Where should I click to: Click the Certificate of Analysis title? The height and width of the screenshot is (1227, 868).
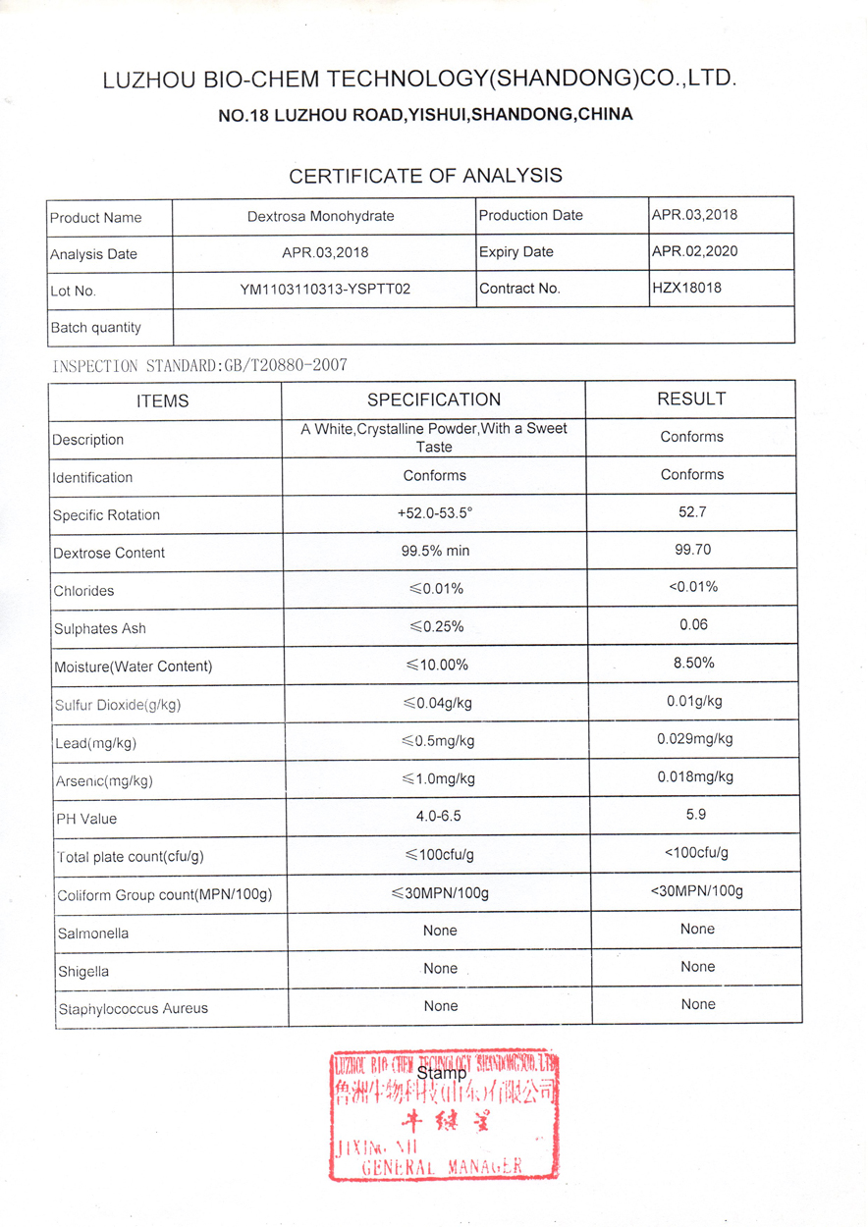425,176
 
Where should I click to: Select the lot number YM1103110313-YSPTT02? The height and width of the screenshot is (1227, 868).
325,290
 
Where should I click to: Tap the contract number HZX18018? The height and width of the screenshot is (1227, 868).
687,289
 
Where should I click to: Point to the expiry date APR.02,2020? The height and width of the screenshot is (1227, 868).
694,251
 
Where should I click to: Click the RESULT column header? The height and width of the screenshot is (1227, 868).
691,399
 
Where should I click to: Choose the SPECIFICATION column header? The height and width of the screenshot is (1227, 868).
433,400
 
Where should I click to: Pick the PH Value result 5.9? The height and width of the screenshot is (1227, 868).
696,814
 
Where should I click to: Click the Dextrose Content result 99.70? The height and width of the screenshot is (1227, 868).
693,550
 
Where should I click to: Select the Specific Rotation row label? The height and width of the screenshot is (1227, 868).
106,515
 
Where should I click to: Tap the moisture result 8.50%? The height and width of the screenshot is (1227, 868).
693,663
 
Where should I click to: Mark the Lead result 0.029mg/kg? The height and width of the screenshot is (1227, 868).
694,738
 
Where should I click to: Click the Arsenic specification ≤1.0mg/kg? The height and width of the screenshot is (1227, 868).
439,778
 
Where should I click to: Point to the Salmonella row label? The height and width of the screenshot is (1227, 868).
92,934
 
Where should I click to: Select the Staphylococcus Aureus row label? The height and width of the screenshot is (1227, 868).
133,1008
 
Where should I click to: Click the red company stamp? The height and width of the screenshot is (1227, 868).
444,1114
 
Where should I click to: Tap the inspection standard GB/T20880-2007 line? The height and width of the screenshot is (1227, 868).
198,366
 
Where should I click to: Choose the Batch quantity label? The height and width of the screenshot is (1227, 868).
95,328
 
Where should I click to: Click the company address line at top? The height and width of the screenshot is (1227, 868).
424,115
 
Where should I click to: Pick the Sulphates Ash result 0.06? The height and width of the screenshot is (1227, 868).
693,624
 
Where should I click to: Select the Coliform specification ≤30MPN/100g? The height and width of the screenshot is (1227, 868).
439,893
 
